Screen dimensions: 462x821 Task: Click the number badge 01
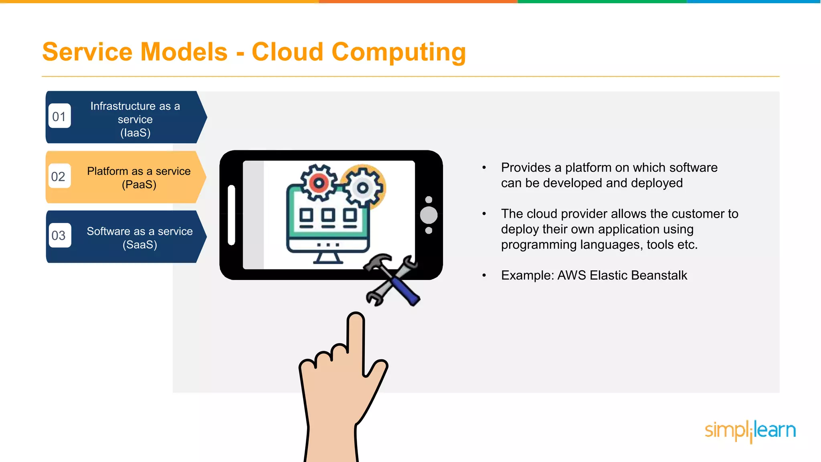click(59, 116)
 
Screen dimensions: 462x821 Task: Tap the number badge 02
click(59, 176)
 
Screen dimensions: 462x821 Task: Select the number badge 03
click(59, 235)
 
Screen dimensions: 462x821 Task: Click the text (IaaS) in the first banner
click(135, 133)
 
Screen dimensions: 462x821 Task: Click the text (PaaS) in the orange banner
click(139, 184)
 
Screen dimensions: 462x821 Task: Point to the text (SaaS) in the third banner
click(140, 245)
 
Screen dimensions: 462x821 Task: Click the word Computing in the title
click(398, 52)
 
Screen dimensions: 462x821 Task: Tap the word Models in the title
click(184, 52)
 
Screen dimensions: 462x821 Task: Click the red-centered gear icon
click(319, 183)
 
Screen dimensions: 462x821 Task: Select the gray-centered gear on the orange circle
click(363, 188)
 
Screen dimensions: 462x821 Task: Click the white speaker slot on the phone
click(231, 215)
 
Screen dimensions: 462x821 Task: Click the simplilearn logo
click(750, 431)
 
